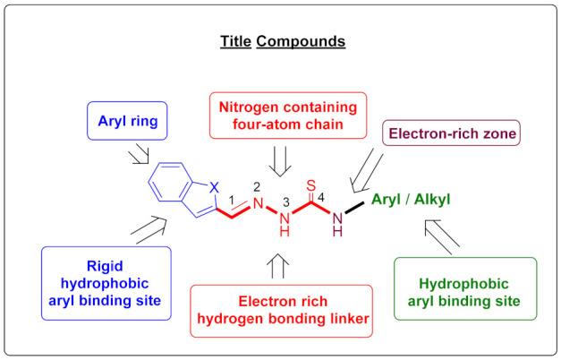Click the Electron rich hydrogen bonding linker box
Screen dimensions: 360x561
point(281,309)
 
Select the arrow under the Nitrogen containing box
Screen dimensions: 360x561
point(276,160)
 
